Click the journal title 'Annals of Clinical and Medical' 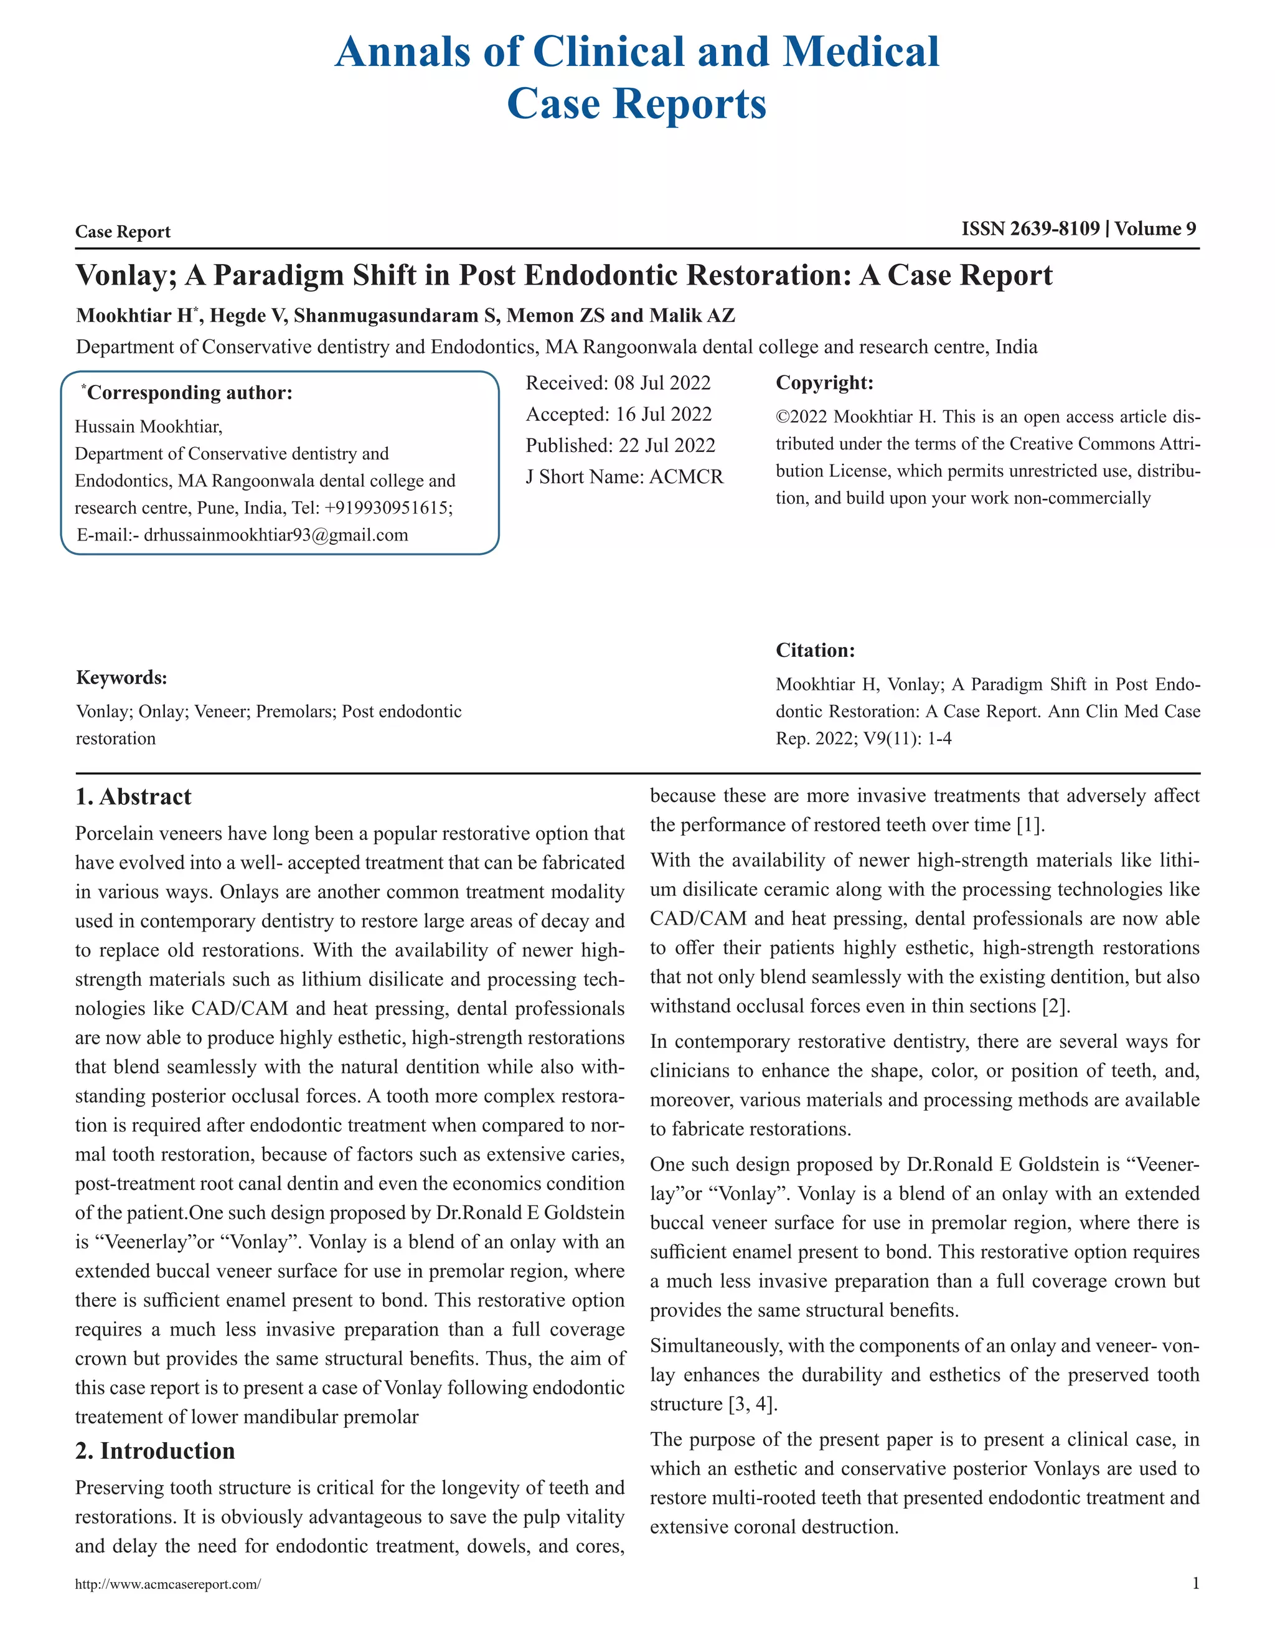(x=637, y=53)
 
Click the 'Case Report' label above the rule (x=123, y=232)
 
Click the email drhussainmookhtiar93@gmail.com (x=276, y=535)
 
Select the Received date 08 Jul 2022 (x=662, y=383)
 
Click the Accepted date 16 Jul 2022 (x=663, y=414)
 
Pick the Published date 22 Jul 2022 (x=666, y=446)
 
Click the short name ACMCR (x=686, y=477)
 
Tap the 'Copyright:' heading (x=824, y=383)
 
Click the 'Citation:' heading (x=815, y=651)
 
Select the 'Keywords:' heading (x=121, y=677)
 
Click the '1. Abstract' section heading (x=133, y=797)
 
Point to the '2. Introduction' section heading (x=155, y=1451)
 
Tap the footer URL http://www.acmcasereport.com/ (x=167, y=1584)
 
